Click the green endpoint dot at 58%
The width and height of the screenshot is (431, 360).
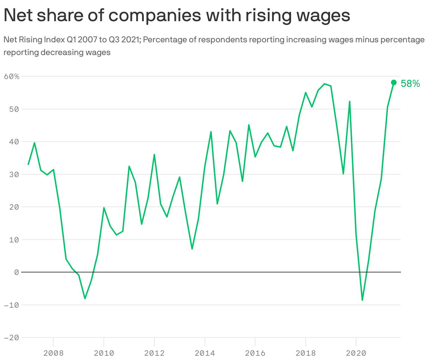coord(394,83)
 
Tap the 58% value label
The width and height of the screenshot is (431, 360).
coord(410,84)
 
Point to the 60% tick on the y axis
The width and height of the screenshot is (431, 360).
coord(12,76)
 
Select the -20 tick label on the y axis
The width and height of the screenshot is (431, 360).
coord(12,338)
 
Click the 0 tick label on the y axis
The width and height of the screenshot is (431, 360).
coord(16,272)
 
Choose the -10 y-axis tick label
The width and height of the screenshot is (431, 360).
coord(12,305)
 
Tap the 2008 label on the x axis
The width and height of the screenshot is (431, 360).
coord(53,353)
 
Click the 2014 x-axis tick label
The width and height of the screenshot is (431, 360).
coord(205,353)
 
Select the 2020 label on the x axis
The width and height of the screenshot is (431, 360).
coord(356,353)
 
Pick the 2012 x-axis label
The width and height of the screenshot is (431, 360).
coord(154,353)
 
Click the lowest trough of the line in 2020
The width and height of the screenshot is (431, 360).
coord(362,300)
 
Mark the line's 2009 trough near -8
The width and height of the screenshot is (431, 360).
coord(85,299)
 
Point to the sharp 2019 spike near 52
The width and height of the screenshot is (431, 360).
coord(349,102)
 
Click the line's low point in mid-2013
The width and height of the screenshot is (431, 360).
coord(192,249)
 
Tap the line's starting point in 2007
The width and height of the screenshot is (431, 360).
coord(28,164)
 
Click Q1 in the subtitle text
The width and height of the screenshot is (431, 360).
coord(71,40)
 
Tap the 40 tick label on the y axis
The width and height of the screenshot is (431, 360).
coord(14,142)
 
